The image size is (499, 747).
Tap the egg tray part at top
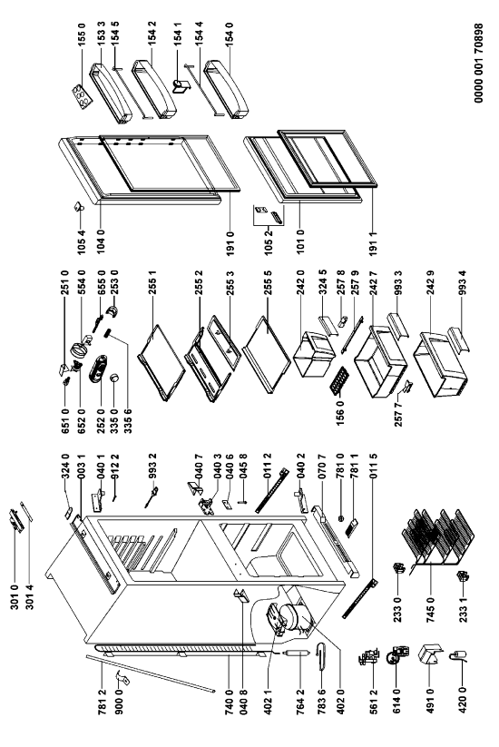[81, 96]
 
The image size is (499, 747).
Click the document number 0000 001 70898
[478, 63]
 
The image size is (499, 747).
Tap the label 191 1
[373, 243]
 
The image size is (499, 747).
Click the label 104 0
[101, 241]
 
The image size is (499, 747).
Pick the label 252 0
[101, 422]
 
